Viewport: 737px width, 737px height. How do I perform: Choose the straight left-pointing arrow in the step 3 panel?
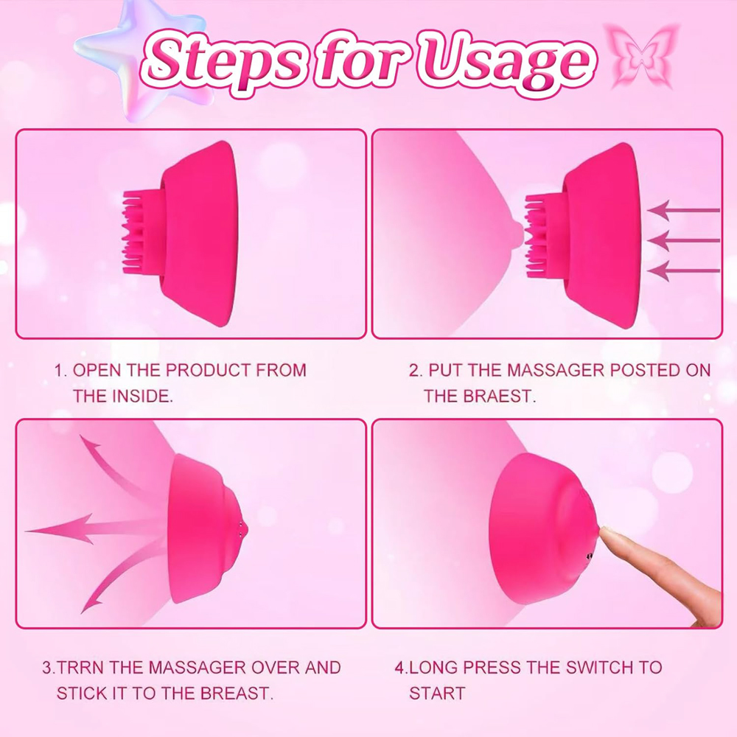click(x=88, y=528)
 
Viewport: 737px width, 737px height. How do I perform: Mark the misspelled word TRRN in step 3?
click(x=79, y=668)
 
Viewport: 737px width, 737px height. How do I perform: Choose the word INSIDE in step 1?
click(x=141, y=396)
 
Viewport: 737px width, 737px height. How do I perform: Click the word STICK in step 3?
click(x=80, y=694)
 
